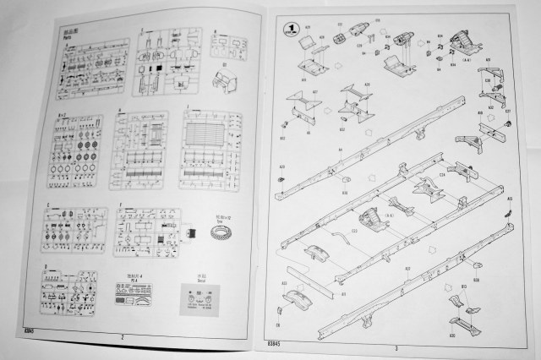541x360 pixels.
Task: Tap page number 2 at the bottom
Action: (123, 336)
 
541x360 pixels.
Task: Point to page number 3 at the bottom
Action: (396, 346)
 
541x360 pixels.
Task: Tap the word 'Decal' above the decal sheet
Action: (201, 278)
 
